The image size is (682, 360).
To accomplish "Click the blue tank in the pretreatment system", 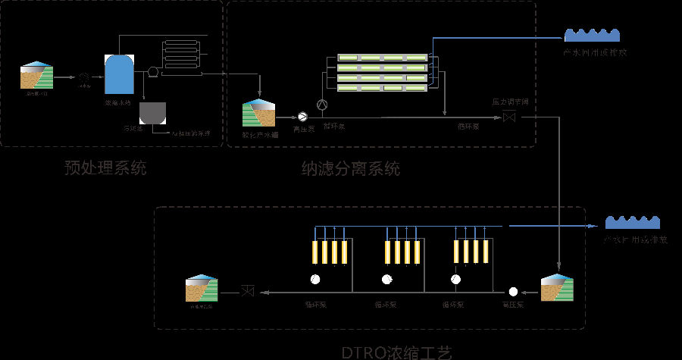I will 119,74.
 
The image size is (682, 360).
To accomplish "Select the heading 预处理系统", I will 105,168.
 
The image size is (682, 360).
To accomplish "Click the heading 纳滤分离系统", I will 350,168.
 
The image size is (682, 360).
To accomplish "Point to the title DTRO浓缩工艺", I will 396,352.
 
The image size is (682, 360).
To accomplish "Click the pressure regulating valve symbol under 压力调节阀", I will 509,117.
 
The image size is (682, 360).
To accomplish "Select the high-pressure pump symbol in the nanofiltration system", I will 302,116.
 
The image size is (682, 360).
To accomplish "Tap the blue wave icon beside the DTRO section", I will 635,222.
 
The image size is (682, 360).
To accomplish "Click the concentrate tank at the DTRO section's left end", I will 202,289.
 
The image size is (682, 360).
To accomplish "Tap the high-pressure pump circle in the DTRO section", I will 513,292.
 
